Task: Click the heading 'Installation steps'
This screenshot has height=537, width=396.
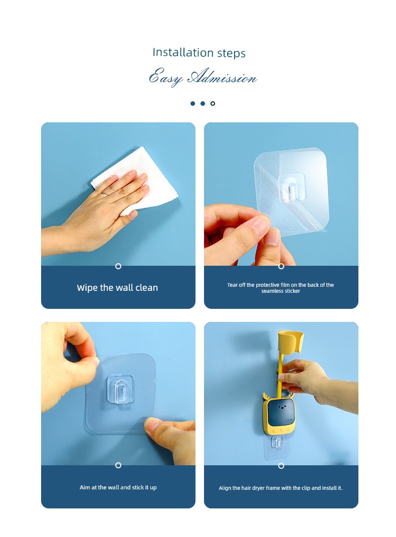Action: pyautogui.click(x=199, y=53)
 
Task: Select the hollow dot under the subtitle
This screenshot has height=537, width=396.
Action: pyautogui.click(x=213, y=103)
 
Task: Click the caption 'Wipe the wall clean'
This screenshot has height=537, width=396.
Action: pyautogui.click(x=117, y=288)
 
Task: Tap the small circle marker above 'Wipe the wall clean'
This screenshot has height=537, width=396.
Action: pyautogui.click(x=118, y=266)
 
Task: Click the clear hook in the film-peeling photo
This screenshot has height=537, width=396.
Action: pyautogui.click(x=291, y=188)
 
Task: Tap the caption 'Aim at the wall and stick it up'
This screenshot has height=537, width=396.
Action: pyautogui.click(x=118, y=487)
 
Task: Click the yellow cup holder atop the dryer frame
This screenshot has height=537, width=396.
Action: pyautogui.click(x=290, y=341)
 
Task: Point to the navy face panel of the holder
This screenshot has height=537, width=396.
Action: pyautogui.click(x=281, y=413)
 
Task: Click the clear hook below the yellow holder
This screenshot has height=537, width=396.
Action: pyautogui.click(x=277, y=442)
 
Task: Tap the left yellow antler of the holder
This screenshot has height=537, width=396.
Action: pyautogui.click(x=266, y=397)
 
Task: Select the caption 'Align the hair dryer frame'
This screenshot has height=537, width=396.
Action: pyautogui.click(x=281, y=488)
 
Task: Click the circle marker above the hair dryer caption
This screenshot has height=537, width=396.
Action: pyautogui.click(x=281, y=466)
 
